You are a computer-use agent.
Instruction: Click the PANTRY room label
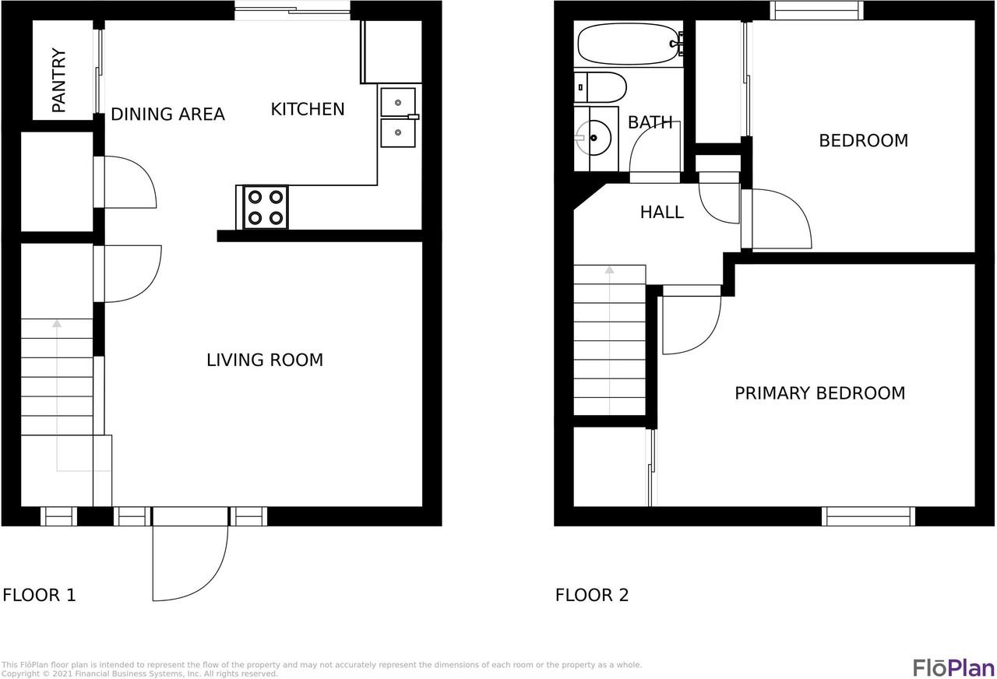pos(59,81)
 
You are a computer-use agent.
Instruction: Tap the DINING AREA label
pos(167,114)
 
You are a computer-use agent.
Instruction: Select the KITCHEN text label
pos(308,109)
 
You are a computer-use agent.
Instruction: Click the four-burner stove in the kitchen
pos(265,207)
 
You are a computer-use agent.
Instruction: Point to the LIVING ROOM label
pos(265,360)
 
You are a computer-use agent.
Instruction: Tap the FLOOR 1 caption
pos(39,596)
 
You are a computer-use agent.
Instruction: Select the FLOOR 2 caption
pos(592,596)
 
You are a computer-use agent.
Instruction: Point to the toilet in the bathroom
pos(603,87)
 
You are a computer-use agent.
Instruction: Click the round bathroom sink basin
pos(596,139)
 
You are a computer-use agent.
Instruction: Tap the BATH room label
pos(650,122)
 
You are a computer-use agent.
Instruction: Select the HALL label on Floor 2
pos(662,212)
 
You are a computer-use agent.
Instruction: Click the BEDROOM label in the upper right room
pos(863,141)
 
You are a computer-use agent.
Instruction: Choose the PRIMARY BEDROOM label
pos(819,393)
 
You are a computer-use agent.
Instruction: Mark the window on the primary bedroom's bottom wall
pos(868,515)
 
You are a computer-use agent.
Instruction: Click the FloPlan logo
pos(953,667)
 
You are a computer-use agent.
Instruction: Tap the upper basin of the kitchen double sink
pos(398,102)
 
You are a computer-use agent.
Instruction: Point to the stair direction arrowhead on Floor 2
pos(609,270)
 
